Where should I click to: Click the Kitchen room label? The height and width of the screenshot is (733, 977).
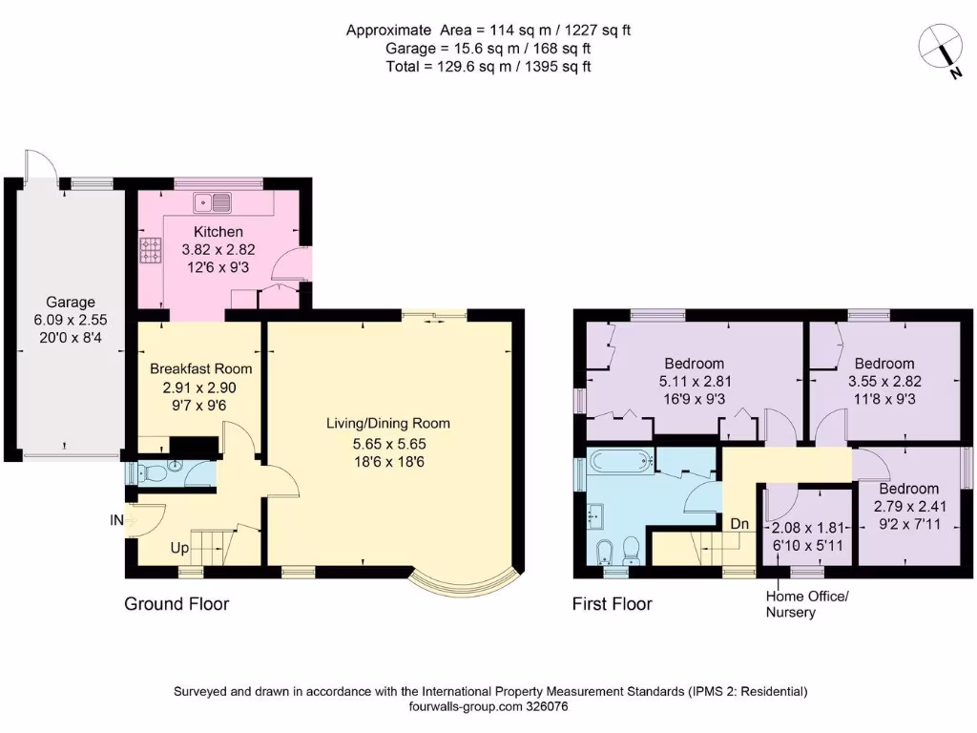click(218, 232)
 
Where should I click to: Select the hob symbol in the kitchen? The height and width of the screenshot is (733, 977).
click(152, 250)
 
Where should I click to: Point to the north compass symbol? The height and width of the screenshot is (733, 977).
click(941, 45)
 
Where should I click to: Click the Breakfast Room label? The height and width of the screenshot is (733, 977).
click(200, 369)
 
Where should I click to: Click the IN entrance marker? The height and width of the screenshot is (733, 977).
click(117, 521)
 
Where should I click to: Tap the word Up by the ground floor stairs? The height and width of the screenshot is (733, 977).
click(179, 549)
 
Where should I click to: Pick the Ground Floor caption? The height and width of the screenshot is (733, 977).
click(177, 604)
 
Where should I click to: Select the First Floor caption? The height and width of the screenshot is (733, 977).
click(612, 604)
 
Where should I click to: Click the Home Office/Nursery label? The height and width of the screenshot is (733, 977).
click(806, 604)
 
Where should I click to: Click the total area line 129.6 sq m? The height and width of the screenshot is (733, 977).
click(488, 66)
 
